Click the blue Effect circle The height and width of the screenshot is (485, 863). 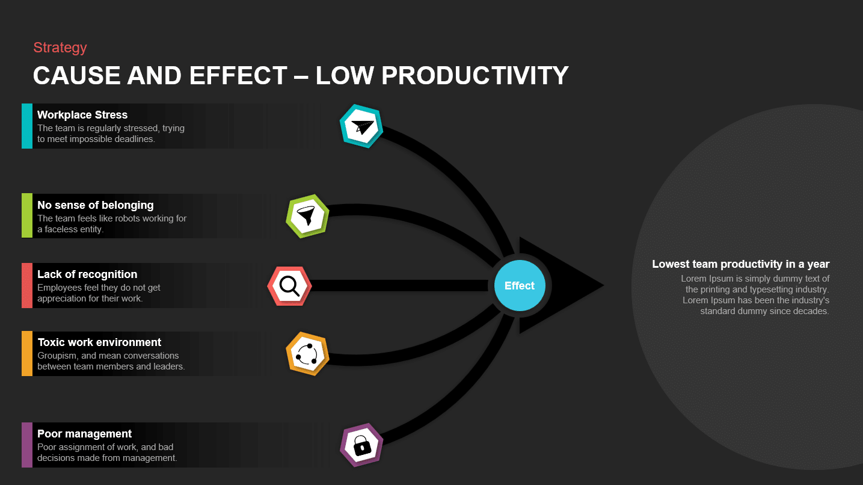[519, 286]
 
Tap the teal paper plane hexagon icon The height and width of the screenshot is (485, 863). [361, 126]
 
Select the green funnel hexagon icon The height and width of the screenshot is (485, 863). [307, 217]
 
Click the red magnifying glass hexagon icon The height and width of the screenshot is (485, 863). [289, 286]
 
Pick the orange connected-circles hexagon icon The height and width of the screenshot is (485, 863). [307, 354]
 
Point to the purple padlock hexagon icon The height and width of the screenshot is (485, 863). [361, 445]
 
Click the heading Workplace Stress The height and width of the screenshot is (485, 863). [82, 115]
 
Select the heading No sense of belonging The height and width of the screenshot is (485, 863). [96, 205]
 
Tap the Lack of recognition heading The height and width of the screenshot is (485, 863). [87, 274]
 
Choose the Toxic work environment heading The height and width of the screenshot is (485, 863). [99, 342]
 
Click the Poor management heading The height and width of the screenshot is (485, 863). [84, 434]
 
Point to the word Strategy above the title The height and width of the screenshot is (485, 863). [60, 48]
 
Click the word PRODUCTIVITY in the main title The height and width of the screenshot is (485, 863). [475, 76]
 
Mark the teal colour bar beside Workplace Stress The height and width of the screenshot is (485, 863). [27, 126]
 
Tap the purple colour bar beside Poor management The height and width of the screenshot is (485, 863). [27, 445]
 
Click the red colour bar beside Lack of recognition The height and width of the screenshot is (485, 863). [27, 285]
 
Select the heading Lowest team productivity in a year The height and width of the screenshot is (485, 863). [740, 264]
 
